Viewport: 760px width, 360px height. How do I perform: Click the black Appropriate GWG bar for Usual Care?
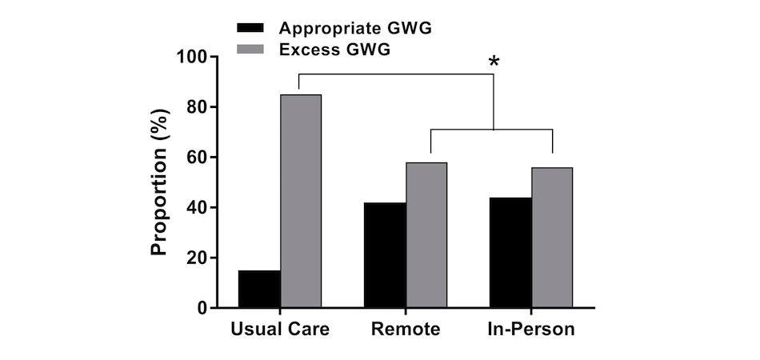click(x=259, y=289)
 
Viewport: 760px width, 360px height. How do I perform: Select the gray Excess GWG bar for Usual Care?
click(x=301, y=201)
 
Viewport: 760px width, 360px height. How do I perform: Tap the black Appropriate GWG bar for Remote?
click(x=385, y=255)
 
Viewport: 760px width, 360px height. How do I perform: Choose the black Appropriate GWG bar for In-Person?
click(x=511, y=253)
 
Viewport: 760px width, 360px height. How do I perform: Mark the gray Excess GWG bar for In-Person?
click(x=552, y=238)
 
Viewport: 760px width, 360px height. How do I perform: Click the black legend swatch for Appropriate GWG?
click(x=253, y=29)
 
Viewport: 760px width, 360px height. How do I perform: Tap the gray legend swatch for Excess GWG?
click(x=253, y=50)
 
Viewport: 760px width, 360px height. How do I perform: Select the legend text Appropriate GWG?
click(x=355, y=29)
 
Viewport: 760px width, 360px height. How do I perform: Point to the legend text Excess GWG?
click(x=334, y=50)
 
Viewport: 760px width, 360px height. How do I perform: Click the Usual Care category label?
click(x=280, y=330)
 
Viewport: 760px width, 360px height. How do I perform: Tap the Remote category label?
click(x=406, y=330)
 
